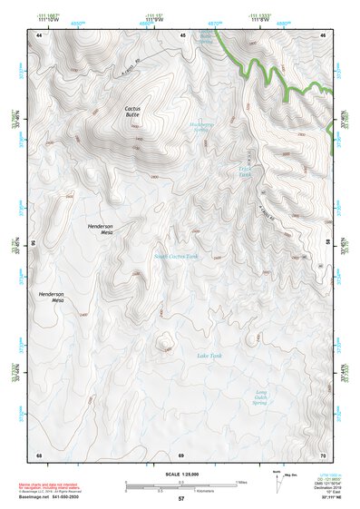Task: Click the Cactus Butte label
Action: pyautogui.click(x=131, y=113)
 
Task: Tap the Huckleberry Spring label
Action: pyautogui.click(x=203, y=128)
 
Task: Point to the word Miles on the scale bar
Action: pyautogui.click(x=240, y=481)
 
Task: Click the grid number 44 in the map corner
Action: pyautogui.click(x=39, y=34)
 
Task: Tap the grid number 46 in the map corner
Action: pyautogui.click(x=324, y=34)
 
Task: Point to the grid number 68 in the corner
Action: pyautogui.click(x=39, y=454)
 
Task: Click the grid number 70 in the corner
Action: pyautogui.click(x=324, y=454)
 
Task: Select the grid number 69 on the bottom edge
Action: pyautogui.click(x=180, y=454)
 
